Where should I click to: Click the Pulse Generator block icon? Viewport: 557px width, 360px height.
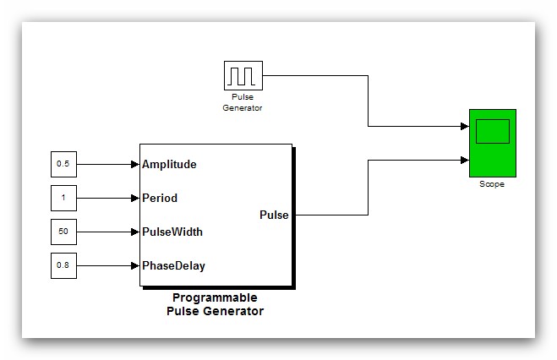(243, 75)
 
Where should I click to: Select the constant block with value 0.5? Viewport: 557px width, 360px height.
(63, 164)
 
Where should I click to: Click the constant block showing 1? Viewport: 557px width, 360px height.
(63, 198)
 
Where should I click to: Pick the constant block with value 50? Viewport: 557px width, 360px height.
(63, 232)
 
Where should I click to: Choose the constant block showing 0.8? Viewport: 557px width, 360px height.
(63, 265)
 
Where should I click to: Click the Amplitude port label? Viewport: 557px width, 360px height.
(169, 164)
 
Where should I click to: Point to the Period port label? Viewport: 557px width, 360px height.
(160, 198)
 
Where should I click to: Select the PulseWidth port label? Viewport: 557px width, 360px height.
(172, 232)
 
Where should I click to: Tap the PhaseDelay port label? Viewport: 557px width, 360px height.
(173, 265)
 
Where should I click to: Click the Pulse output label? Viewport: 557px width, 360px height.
(273, 215)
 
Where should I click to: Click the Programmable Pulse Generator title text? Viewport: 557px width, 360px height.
(215, 304)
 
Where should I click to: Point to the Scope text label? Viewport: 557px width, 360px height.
(491, 184)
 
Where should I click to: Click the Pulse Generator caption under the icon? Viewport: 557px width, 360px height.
(243, 102)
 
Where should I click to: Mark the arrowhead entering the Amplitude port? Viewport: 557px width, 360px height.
(134, 164)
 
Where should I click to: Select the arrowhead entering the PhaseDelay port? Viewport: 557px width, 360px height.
(134, 265)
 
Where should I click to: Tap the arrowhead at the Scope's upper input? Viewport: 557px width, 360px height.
(464, 126)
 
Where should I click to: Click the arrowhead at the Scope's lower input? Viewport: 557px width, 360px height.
(464, 159)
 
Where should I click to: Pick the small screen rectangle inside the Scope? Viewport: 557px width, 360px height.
(492, 131)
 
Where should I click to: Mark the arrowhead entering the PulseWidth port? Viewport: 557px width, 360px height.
(134, 232)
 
